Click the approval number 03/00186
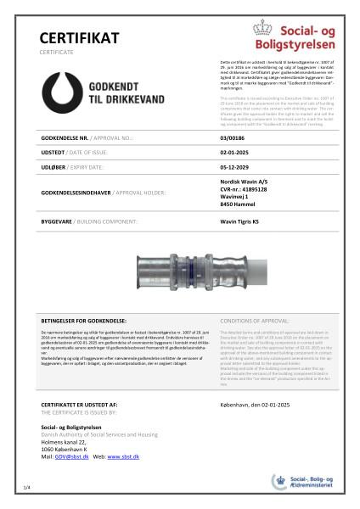click(x=232, y=136)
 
